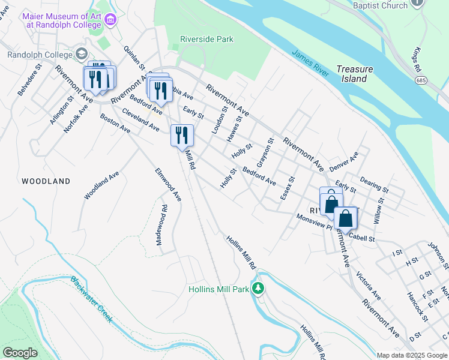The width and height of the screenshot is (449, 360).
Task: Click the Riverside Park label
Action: [x=206, y=40]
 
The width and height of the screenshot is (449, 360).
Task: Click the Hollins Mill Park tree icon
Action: [x=258, y=289]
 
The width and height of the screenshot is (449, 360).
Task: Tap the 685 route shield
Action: [x=423, y=80]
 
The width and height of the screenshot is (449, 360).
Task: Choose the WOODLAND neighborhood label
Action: [x=46, y=181]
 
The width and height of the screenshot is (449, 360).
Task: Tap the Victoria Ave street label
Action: [x=369, y=286]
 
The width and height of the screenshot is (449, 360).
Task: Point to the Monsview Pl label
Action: [x=314, y=222]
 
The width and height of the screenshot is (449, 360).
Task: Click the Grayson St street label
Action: [x=265, y=153]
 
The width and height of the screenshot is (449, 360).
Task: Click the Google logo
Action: [x=20, y=353]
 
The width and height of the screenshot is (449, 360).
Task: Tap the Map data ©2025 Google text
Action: [x=412, y=355]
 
